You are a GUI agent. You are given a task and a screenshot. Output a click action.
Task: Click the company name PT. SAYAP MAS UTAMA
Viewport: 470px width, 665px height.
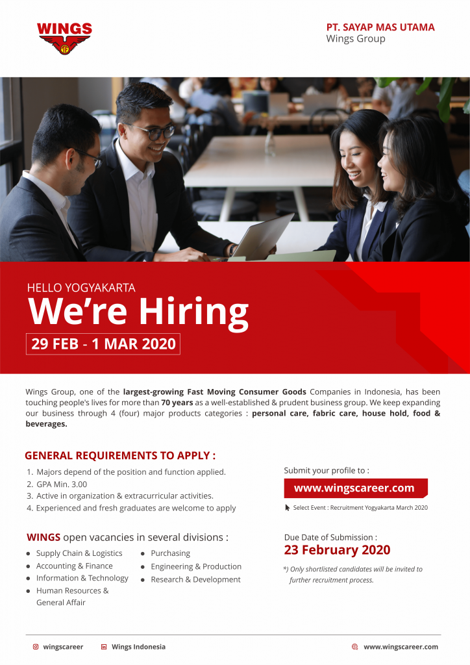point(380,27)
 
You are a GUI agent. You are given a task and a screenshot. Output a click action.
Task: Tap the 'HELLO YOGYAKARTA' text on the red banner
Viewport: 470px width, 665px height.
point(81,288)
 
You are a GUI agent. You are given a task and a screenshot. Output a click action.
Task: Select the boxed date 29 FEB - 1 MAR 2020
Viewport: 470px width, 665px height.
point(103,344)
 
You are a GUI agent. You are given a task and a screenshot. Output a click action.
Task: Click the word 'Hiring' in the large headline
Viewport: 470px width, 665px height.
point(193,313)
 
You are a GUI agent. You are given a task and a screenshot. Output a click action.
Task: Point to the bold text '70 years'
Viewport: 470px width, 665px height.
point(177,403)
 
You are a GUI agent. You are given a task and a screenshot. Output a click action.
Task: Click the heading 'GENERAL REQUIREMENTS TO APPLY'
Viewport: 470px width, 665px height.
point(120,455)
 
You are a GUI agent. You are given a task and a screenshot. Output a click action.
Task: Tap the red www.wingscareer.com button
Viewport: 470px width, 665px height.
point(356,488)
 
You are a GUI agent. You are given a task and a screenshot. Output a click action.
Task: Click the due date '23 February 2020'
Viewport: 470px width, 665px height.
point(337,549)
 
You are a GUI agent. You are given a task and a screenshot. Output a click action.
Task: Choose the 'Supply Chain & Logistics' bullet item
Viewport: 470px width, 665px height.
point(79,553)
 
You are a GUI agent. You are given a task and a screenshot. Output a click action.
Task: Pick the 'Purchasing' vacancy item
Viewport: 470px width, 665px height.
point(170,553)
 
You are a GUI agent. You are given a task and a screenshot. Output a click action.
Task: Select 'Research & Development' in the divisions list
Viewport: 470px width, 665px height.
point(195,579)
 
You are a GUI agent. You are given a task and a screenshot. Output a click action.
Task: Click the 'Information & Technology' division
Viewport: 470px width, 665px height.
point(82,578)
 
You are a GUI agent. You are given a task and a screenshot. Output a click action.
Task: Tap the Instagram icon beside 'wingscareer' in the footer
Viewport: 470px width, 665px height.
point(36,647)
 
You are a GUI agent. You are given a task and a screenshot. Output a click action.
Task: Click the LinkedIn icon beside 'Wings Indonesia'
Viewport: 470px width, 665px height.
point(104,647)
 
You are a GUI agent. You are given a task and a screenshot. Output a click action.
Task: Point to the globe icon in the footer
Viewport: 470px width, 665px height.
point(354,647)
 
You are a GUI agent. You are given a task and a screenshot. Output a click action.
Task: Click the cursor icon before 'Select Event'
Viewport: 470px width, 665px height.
point(288,507)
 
